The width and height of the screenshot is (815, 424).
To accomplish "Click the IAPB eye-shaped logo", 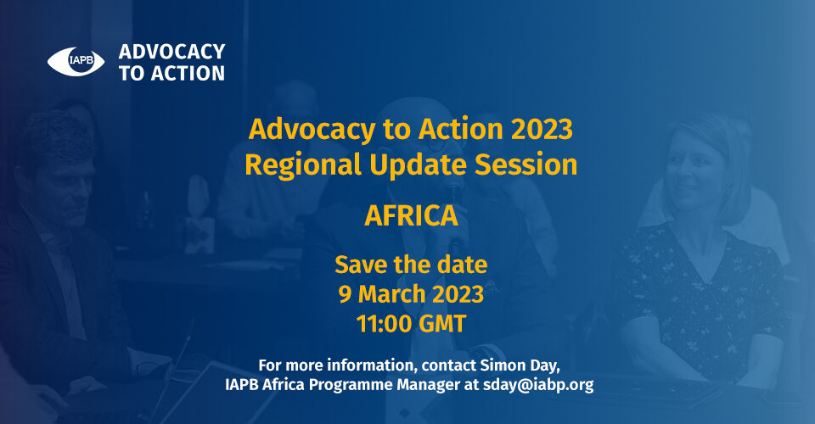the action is (x=76, y=61).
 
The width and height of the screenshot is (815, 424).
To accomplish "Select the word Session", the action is (x=526, y=165).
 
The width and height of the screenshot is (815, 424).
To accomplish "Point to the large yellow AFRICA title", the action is (x=411, y=215).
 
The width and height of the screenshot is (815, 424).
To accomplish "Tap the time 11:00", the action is (x=385, y=324).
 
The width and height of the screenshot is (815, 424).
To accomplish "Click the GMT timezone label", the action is (x=442, y=324).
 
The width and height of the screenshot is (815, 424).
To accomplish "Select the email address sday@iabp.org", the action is (x=538, y=385).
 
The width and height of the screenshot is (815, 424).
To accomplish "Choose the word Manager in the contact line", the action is (x=428, y=386).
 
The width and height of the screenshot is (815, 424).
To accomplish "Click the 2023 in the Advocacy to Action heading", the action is (x=542, y=129).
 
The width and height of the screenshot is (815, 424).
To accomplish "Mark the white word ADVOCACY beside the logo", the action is (x=171, y=52).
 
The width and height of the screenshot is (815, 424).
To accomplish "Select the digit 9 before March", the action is (x=346, y=294).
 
